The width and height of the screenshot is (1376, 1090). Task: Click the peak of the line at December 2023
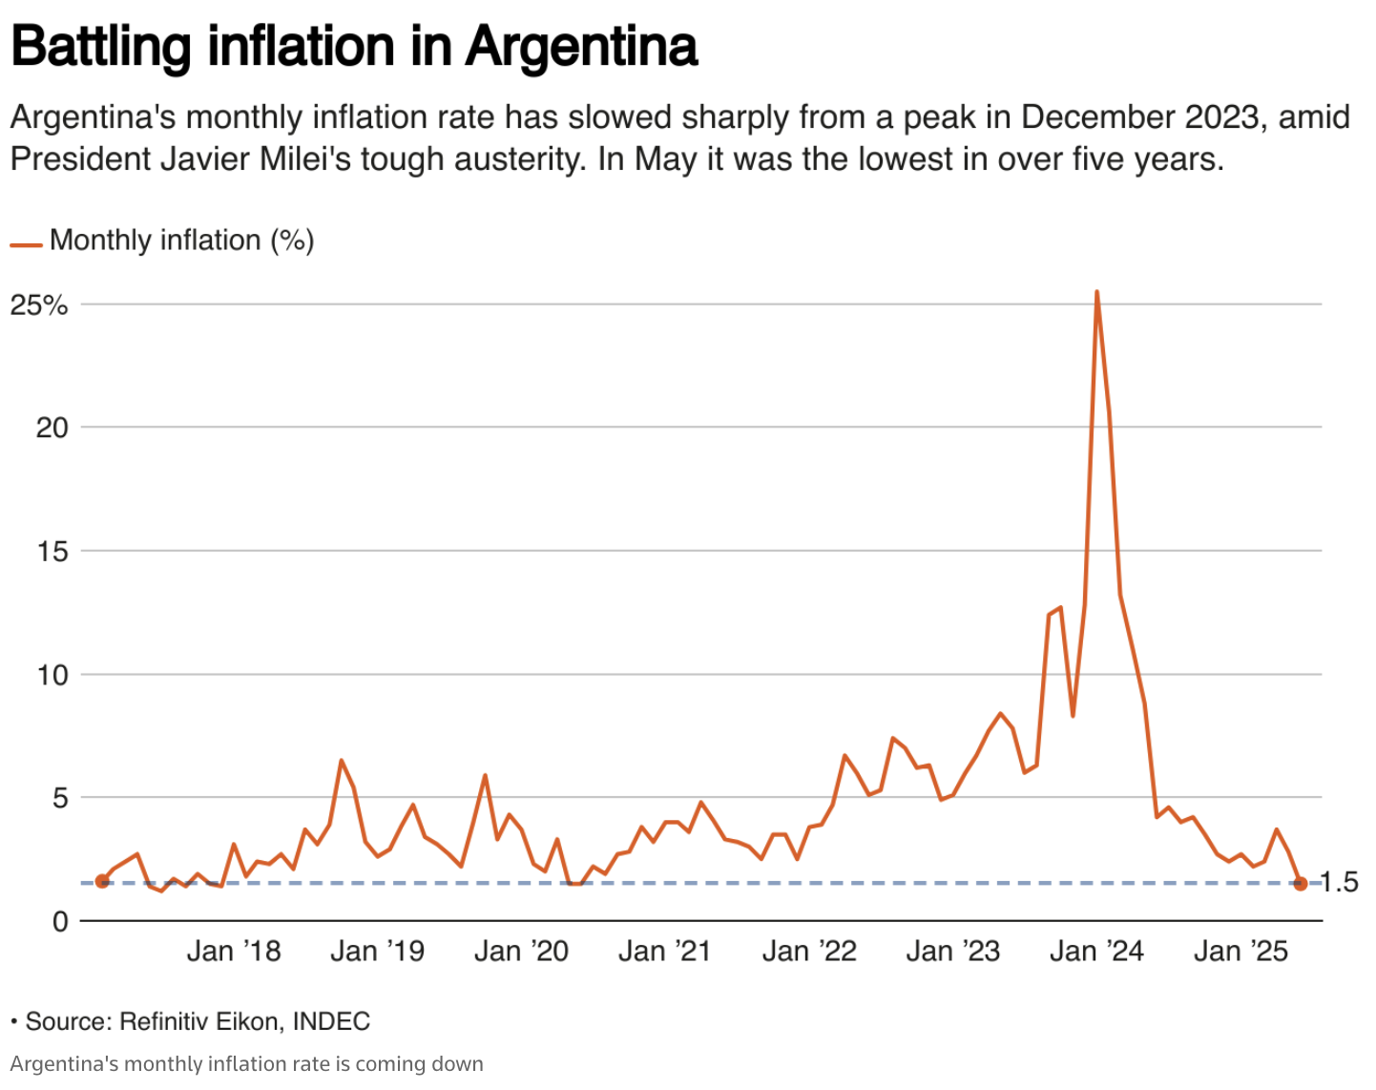point(1096,292)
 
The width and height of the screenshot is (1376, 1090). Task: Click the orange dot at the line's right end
point(1300,884)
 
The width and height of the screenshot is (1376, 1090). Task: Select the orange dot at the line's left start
point(102,882)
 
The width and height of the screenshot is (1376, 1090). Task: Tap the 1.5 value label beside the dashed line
point(1338,883)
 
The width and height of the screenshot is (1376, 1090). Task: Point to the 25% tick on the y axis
point(39,305)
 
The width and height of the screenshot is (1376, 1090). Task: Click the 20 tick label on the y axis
point(52,428)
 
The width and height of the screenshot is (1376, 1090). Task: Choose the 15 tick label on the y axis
point(52,552)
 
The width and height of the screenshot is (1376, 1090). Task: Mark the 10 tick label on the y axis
point(52,676)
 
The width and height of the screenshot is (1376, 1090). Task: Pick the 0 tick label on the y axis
point(60,922)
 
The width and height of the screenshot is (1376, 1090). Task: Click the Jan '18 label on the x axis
point(234,952)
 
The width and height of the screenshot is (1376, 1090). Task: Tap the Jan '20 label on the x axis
point(522,952)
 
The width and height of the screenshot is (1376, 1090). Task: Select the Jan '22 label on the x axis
point(809,952)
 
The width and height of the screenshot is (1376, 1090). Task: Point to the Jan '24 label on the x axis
point(1096,952)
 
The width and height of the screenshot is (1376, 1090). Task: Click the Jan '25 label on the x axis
point(1241,952)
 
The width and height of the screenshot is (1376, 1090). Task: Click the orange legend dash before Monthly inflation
point(26,245)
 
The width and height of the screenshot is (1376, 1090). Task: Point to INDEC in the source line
point(331,1021)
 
